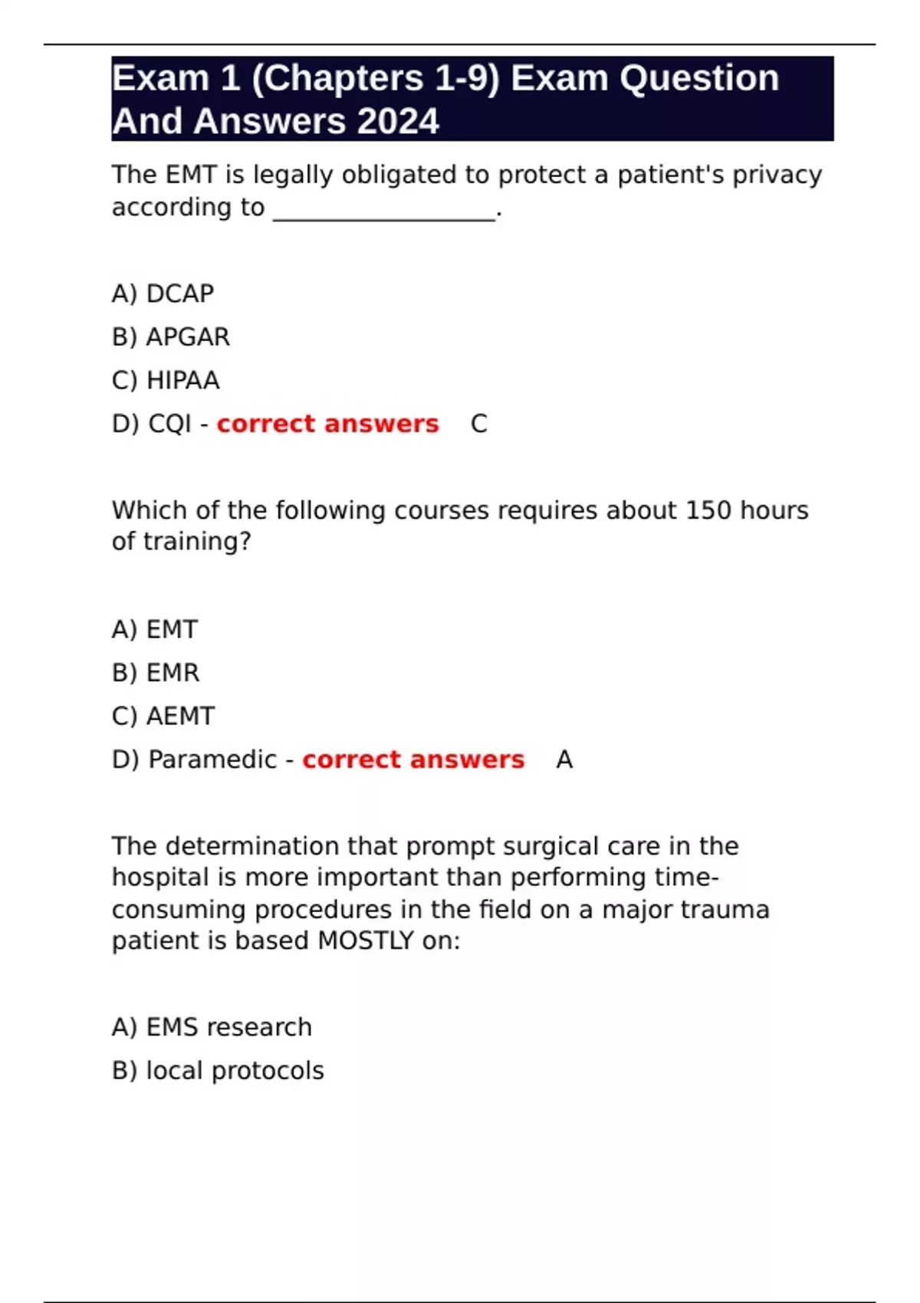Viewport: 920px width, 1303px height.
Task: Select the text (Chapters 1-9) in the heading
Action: pos(375,78)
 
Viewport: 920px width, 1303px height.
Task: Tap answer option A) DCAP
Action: pos(163,294)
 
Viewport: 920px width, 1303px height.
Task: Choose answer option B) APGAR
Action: pos(171,337)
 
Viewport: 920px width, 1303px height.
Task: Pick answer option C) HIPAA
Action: pos(166,380)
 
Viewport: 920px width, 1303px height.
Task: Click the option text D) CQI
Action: pos(151,424)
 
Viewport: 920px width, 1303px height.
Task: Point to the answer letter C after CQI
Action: pos(479,424)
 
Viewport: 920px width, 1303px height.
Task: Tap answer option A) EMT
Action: pos(155,629)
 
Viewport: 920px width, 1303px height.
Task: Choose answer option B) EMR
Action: pos(156,673)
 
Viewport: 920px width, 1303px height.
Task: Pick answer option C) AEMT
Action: pos(163,716)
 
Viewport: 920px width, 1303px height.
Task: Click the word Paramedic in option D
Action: pos(212,760)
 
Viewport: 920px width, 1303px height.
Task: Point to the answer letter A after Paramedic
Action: pos(564,760)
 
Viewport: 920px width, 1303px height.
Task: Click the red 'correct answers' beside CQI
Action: pos(327,424)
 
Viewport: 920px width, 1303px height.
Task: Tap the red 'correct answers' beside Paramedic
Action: pos(413,760)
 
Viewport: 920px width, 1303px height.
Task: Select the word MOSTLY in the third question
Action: pos(366,940)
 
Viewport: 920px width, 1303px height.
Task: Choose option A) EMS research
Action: pos(212,1027)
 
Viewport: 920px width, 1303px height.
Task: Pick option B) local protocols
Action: pos(218,1071)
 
